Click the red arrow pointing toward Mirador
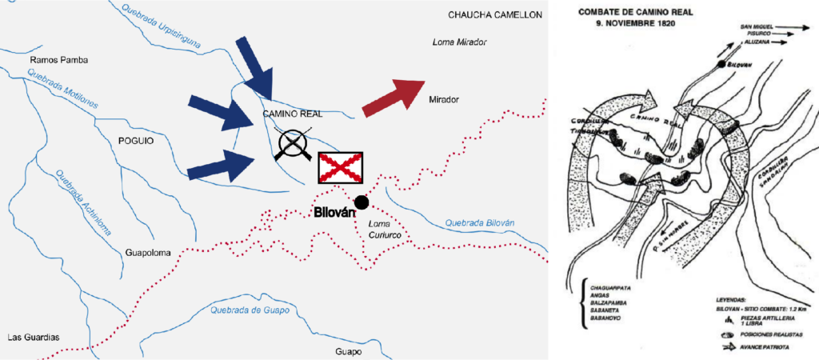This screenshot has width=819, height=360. point(394,97)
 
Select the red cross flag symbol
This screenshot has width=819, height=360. point(341,167)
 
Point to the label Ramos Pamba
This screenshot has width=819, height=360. point(58,60)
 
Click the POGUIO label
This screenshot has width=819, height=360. point(134,140)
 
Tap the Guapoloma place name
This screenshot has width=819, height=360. point(149,253)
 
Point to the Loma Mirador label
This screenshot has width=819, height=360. point(459,42)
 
